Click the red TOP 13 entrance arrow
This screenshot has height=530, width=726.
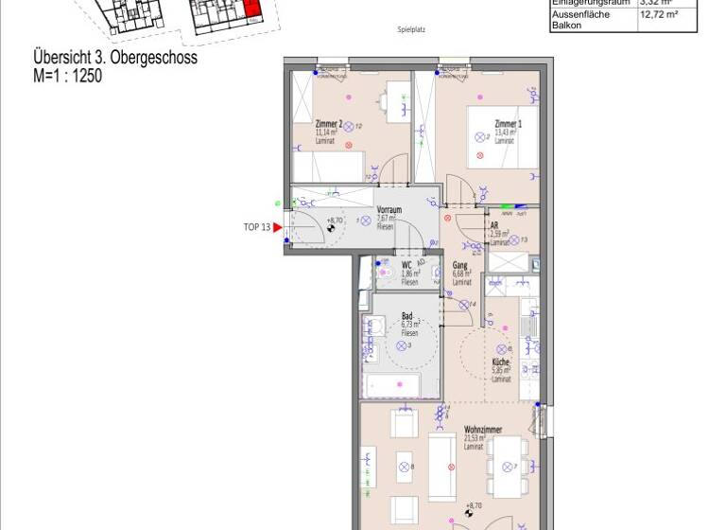[x=278, y=227]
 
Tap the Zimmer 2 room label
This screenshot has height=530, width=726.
[x=327, y=124]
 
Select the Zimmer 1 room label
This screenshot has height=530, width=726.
[x=507, y=124]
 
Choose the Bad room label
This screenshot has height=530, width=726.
[x=407, y=317]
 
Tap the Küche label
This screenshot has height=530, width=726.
[x=501, y=362]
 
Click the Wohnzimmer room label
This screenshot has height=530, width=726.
[x=483, y=430]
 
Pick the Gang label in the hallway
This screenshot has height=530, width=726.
[x=460, y=265]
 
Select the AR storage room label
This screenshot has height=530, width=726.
[x=493, y=225]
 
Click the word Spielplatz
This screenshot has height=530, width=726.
[x=411, y=30]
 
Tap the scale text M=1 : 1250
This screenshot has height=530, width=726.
[x=67, y=77]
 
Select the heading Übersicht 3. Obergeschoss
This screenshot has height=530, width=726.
[x=114, y=60]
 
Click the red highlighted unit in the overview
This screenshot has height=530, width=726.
[x=251, y=11]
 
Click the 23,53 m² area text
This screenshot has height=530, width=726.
[x=475, y=438]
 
